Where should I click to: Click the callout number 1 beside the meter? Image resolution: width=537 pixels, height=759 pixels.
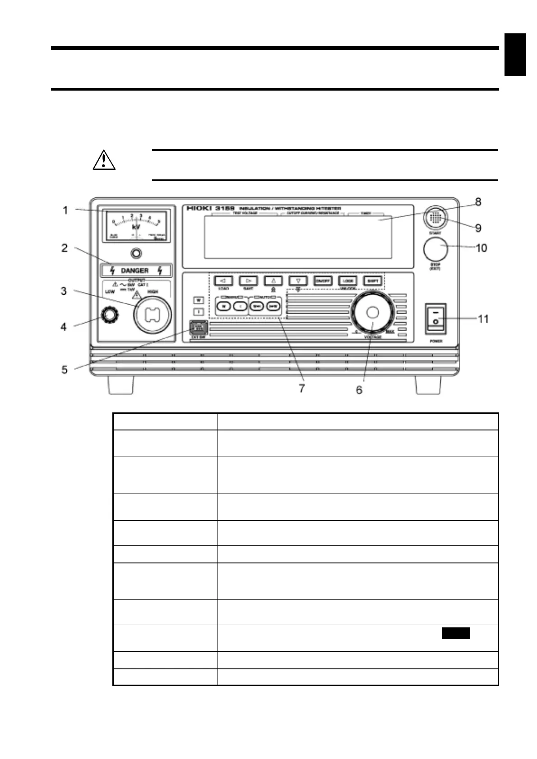[x=65, y=210]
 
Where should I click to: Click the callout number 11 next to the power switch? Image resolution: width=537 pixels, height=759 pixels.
[x=483, y=319]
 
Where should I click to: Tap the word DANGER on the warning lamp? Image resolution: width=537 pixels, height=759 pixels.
[x=134, y=270]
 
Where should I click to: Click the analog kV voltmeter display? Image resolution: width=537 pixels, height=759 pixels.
[x=136, y=225]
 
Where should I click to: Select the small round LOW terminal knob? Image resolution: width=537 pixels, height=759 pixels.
[x=108, y=315]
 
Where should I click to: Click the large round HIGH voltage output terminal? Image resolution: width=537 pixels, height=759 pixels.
[x=152, y=315]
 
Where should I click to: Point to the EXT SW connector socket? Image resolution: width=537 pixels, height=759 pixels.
[x=198, y=327]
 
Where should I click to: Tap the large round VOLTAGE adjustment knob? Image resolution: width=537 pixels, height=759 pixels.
[x=372, y=312]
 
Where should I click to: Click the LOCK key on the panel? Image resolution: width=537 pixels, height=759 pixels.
[x=347, y=280]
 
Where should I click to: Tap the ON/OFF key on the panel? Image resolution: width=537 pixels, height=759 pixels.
[x=323, y=280]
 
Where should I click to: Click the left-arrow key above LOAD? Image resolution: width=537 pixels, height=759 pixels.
[x=223, y=280]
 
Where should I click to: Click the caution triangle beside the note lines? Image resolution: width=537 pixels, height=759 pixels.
[x=104, y=160]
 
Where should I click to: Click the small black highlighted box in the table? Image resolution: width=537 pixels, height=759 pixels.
[x=456, y=633]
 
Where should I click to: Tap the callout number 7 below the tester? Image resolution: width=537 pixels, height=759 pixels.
[x=301, y=388]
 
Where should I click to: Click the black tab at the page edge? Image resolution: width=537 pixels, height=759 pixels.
[x=515, y=54]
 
